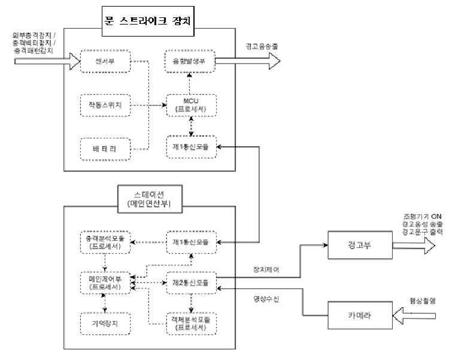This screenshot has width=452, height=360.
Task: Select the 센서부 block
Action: (105, 61)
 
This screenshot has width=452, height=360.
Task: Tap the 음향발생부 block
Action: (189, 61)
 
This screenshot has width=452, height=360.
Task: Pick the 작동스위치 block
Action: (105, 105)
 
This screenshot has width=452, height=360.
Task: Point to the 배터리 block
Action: (105, 149)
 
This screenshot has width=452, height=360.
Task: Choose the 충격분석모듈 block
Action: (105, 241)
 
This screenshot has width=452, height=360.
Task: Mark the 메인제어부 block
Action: (105, 282)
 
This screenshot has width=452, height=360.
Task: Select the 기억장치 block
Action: (105, 322)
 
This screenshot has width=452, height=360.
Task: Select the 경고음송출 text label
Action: (260, 46)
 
